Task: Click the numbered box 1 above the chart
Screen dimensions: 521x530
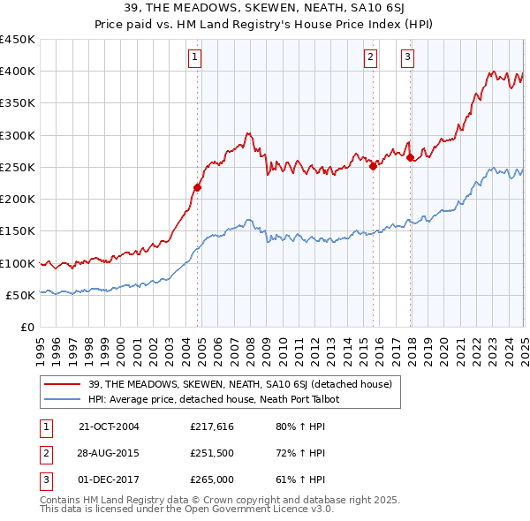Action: point(193,58)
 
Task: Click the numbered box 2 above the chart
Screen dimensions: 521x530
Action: point(369,58)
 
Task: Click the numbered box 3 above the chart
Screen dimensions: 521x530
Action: point(407,58)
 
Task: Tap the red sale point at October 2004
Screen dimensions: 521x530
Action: point(198,187)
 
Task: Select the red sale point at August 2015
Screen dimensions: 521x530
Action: point(374,165)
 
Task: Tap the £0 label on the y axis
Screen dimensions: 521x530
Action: point(26,328)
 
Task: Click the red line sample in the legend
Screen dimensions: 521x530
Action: point(63,383)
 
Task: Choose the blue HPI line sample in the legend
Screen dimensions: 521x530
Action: point(63,399)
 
